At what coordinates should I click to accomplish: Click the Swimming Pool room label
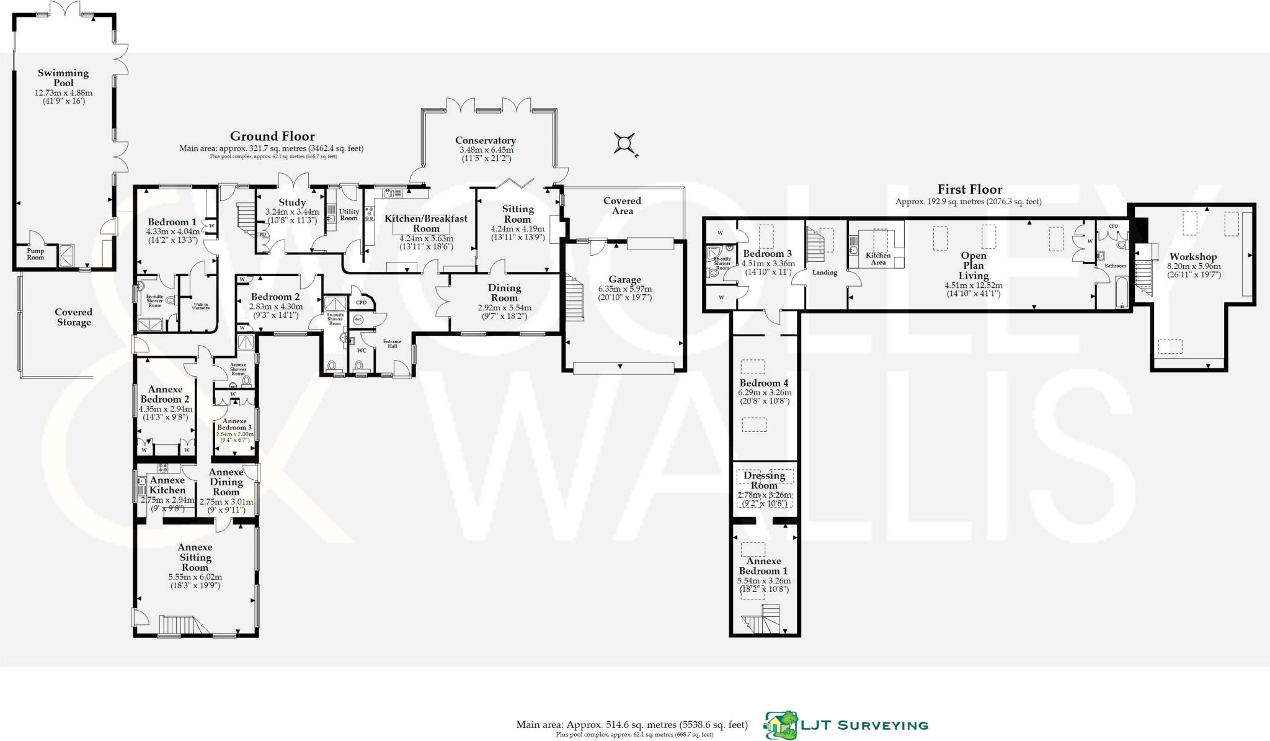click(x=63, y=78)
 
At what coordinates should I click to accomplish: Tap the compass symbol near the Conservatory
click(x=625, y=144)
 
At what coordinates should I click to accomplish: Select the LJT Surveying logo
click(x=846, y=725)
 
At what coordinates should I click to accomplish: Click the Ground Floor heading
click(x=272, y=137)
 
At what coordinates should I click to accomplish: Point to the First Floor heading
click(x=969, y=190)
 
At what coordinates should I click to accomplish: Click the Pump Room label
click(x=35, y=254)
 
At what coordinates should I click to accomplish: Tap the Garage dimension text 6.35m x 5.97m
click(x=624, y=289)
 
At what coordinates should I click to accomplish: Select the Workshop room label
click(x=1192, y=257)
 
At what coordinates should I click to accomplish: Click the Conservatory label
click(x=485, y=141)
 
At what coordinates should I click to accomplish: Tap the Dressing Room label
click(x=764, y=480)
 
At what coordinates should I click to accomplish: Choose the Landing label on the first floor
click(x=824, y=272)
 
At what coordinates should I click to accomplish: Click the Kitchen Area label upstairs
click(x=878, y=259)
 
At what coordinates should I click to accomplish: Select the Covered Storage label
click(x=73, y=317)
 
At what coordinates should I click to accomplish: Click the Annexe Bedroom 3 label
click(x=234, y=424)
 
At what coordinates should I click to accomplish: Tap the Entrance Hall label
click(x=392, y=344)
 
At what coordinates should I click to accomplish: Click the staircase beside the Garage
click(x=575, y=300)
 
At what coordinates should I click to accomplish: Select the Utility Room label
click(x=349, y=215)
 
